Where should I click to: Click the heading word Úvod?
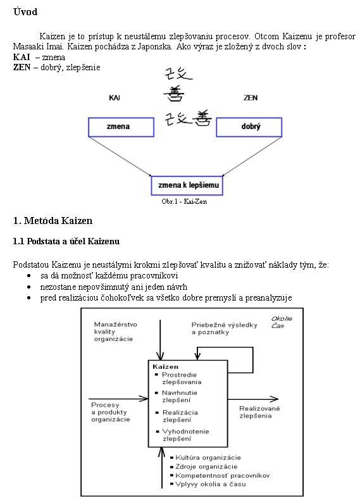(25, 12)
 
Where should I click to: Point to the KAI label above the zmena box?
(115, 98)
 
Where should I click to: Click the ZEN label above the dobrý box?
(251, 98)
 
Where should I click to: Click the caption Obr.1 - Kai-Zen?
(184, 201)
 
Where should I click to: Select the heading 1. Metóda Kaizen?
(53, 221)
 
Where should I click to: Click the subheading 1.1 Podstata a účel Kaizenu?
(66, 241)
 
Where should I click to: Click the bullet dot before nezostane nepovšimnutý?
(29, 287)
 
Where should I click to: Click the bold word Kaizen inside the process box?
(165, 367)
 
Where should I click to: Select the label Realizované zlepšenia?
(259, 412)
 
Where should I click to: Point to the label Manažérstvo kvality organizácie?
(116, 332)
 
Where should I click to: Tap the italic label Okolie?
(282, 318)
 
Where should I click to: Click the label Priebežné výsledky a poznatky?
(224, 328)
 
